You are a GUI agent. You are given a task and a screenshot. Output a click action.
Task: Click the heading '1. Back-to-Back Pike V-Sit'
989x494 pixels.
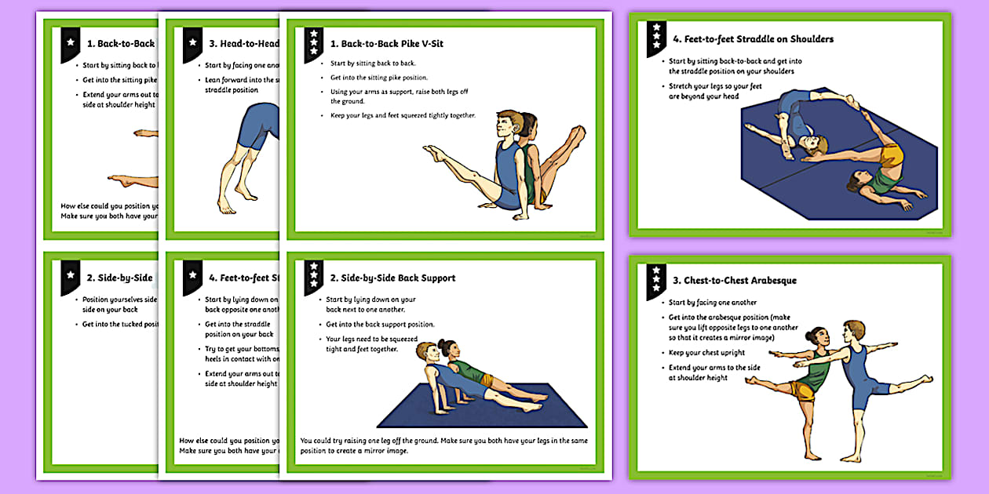click(387, 44)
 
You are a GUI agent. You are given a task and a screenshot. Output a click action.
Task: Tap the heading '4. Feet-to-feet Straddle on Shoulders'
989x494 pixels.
click(753, 39)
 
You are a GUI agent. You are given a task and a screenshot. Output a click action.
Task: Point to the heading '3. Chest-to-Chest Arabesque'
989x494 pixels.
click(735, 280)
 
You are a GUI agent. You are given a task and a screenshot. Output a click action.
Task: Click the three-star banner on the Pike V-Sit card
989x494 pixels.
click(314, 44)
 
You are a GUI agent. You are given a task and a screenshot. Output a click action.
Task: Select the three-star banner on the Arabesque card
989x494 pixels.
click(656, 279)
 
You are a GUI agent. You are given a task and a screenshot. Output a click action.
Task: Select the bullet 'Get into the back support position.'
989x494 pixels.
click(380, 324)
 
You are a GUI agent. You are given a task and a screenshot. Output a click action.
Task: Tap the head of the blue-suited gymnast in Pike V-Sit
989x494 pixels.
click(508, 124)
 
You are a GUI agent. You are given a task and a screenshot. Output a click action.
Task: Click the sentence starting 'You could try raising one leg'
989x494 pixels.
click(443, 445)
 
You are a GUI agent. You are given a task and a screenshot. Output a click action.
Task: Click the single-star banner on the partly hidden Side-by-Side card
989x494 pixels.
click(70, 277)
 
